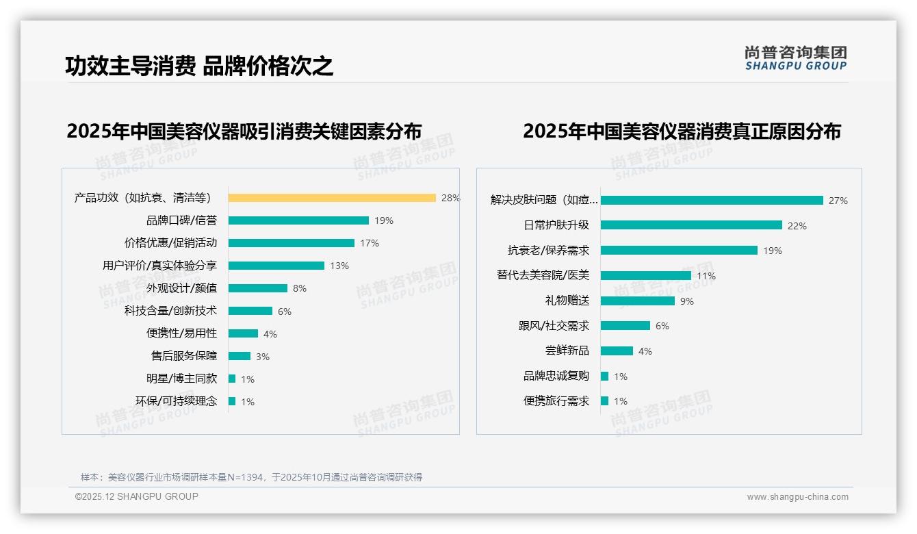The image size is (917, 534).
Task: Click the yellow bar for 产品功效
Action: [332, 198]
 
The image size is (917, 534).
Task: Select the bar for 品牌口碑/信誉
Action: [298, 220]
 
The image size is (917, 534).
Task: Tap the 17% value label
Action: [370, 243]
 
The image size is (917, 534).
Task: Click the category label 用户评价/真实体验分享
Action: [159, 266]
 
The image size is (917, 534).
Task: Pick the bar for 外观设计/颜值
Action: [258, 288]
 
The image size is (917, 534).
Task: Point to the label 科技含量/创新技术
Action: [170, 311]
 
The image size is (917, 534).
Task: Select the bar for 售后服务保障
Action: [240, 356]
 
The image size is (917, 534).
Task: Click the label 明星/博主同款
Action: [181, 379]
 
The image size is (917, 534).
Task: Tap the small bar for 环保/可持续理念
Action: [232, 401]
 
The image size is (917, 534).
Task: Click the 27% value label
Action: [838, 201]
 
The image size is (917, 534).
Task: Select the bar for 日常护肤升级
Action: [691, 225]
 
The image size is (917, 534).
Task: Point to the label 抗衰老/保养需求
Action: [548, 251]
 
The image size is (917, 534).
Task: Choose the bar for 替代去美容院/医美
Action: [646, 275]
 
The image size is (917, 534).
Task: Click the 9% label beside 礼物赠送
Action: [687, 301]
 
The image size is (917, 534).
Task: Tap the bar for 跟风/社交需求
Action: [625, 326]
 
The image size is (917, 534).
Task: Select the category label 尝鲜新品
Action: [567, 351]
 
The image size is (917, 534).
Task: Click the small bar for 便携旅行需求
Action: [604, 401]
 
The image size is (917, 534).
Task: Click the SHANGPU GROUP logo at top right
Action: [795, 58]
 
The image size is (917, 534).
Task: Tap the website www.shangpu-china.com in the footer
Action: [797, 497]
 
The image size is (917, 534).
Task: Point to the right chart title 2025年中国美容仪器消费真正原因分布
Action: [682, 131]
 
